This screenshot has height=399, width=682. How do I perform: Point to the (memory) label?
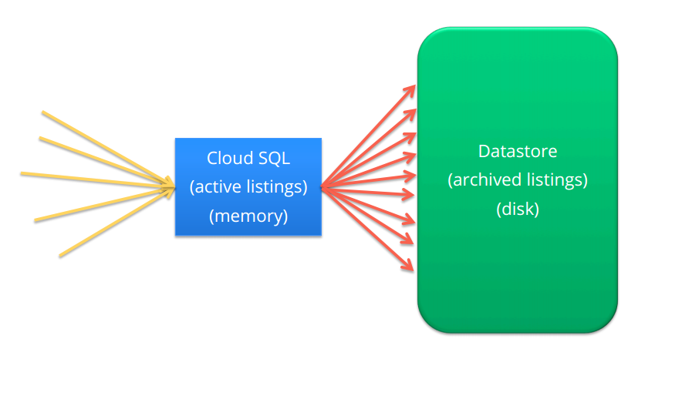[x=248, y=216]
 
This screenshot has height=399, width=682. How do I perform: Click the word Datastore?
[x=518, y=151]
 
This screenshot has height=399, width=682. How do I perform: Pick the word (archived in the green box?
[x=481, y=180]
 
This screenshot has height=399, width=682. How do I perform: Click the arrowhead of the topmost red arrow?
[x=414, y=86]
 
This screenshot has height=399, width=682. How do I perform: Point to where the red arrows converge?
[x=322, y=186]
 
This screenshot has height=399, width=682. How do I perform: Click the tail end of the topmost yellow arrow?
[x=42, y=112]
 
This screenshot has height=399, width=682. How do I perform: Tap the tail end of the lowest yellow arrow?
[x=59, y=256]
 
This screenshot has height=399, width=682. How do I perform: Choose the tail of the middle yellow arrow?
[x=22, y=173]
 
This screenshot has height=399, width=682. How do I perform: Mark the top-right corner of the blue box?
[x=321, y=139]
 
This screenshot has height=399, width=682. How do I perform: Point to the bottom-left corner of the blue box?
[x=176, y=235]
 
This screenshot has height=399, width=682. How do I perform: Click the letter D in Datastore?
[x=484, y=151]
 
